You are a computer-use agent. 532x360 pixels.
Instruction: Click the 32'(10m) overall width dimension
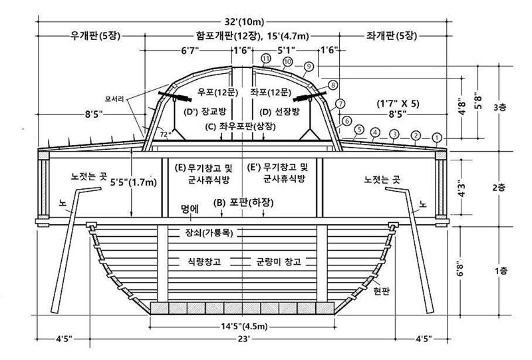[x=244, y=22]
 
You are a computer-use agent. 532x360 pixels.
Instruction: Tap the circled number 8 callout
[x=333, y=85]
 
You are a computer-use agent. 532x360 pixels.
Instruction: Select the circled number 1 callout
[x=437, y=138]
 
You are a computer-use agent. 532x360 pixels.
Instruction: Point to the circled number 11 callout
[x=266, y=59]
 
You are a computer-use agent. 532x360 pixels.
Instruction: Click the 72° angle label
[x=164, y=134]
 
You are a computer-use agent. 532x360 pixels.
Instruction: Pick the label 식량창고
[x=204, y=262]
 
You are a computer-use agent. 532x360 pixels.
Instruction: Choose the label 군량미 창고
[x=278, y=262]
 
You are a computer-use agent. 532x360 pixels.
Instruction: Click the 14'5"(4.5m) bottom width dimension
[x=244, y=327]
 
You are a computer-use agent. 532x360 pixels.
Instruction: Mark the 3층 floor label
[x=499, y=108]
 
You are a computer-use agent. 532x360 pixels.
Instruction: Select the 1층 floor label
[x=501, y=271]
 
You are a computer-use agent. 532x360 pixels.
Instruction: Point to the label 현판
[x=381, y=291]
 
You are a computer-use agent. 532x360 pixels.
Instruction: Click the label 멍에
[x=190, y=209]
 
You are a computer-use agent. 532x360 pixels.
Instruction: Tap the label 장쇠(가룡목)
[x=209, y=233]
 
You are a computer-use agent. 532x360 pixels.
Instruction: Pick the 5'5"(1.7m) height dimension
[x=134, y=182]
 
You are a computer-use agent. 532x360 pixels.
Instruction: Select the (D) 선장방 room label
[x=279, y=112]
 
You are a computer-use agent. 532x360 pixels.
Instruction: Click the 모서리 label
[x=114, y=99]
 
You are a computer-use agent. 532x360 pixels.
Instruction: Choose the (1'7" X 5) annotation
[x=398, y=104]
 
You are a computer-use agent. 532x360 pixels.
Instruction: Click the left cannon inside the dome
[x=175, y=96]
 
